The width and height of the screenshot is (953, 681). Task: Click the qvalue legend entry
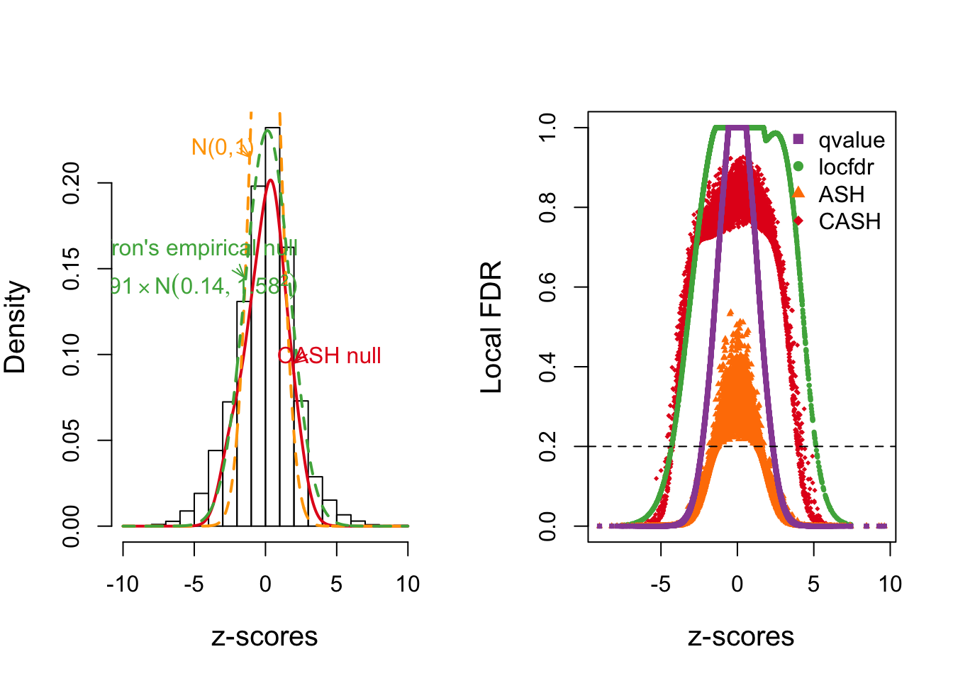click(x=851, y=140)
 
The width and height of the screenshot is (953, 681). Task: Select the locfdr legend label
click(x=846, y=167)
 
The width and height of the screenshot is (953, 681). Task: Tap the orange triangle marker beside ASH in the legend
click(x=799, y=192)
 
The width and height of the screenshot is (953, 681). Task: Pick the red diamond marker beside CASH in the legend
click(x=799, y=221)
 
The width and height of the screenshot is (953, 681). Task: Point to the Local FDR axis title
click(x=491, y=327)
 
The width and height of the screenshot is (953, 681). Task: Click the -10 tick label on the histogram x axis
click(x=123, y=585)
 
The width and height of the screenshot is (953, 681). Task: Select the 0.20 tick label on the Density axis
click(x=72, y=183)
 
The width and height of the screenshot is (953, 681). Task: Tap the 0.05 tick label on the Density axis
click(x=72, y=441)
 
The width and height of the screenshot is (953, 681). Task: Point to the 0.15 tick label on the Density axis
click(x=72, y=269)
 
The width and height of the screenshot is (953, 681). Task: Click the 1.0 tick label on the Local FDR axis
click(x=548, y=128)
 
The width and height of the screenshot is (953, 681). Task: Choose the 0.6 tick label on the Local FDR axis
click(x=548, y=287)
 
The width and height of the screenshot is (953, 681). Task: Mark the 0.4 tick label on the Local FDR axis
click(x=548, y=367)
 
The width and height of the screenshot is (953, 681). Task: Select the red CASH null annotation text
click(x=330, y=355)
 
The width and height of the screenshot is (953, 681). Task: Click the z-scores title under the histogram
click(x=264, y=636)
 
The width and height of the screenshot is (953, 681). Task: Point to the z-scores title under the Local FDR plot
click(x=741, y=636)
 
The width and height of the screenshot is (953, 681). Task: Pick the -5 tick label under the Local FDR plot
click(x=660, y=585)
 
